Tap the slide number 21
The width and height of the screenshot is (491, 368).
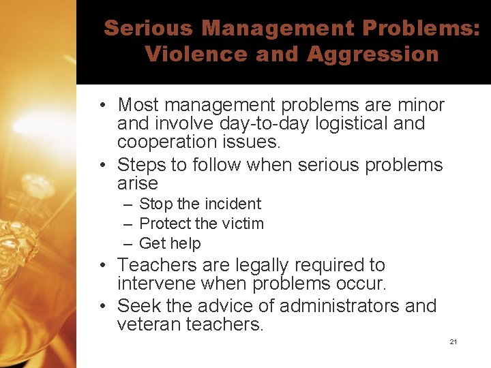(x=453, y=341)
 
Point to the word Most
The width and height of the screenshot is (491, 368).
(x=138, y=106)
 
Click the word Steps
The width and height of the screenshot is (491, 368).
(x=141, y=165)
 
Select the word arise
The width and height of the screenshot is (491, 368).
(x=138, y=183)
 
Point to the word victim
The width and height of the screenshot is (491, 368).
(x=242, y=224)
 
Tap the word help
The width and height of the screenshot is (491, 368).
(x=187, y=243)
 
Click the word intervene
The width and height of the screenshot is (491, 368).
(x=151, y=283)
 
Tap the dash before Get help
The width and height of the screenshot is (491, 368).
(x=128, y=243)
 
